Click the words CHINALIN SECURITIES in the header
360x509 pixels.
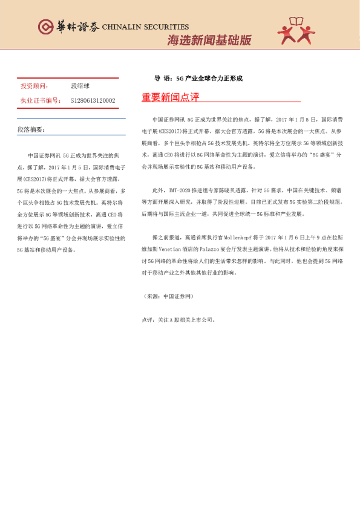coord(145,27)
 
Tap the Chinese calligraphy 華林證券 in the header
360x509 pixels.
coord(77,27)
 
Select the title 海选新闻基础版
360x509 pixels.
coord(209,41)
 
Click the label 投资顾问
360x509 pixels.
coord(33,86)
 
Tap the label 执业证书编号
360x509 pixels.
coord(41,100)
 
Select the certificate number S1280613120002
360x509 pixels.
coord(93,100)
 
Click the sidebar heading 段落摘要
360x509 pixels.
coord(31,129)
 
